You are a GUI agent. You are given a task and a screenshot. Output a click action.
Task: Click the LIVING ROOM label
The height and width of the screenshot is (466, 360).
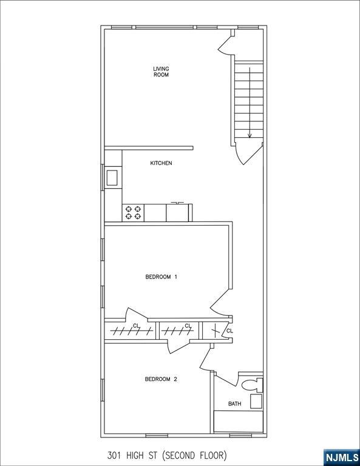pos(161,72)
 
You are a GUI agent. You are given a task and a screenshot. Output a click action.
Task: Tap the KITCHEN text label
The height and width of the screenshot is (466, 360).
pos(161,163)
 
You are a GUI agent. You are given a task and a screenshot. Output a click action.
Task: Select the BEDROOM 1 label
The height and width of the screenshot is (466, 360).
pos(161,277)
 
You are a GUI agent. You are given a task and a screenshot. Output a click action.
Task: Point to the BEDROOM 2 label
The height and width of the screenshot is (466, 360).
pos(161,379)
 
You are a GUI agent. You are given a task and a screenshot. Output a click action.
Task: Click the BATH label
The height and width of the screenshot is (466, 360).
pos(234,404)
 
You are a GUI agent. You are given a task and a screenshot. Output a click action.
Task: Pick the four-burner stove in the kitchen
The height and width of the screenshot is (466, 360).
pos(134,212)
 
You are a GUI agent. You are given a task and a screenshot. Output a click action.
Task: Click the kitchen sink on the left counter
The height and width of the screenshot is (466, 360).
pos(112,178)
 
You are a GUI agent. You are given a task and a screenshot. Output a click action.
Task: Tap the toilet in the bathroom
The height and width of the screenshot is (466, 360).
pos(251,385)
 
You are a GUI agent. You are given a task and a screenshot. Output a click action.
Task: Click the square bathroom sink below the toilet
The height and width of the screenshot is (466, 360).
pos(256,401)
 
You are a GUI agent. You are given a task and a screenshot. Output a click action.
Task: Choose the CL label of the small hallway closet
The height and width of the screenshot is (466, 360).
pos(229,331)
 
